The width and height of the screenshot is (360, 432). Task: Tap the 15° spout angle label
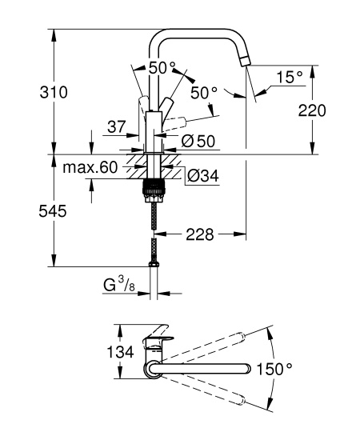[289, 78]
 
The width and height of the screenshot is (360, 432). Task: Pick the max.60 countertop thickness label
[90, 167]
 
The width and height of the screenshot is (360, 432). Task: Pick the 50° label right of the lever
[204, 93]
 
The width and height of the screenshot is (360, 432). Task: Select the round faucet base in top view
[152, 369]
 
